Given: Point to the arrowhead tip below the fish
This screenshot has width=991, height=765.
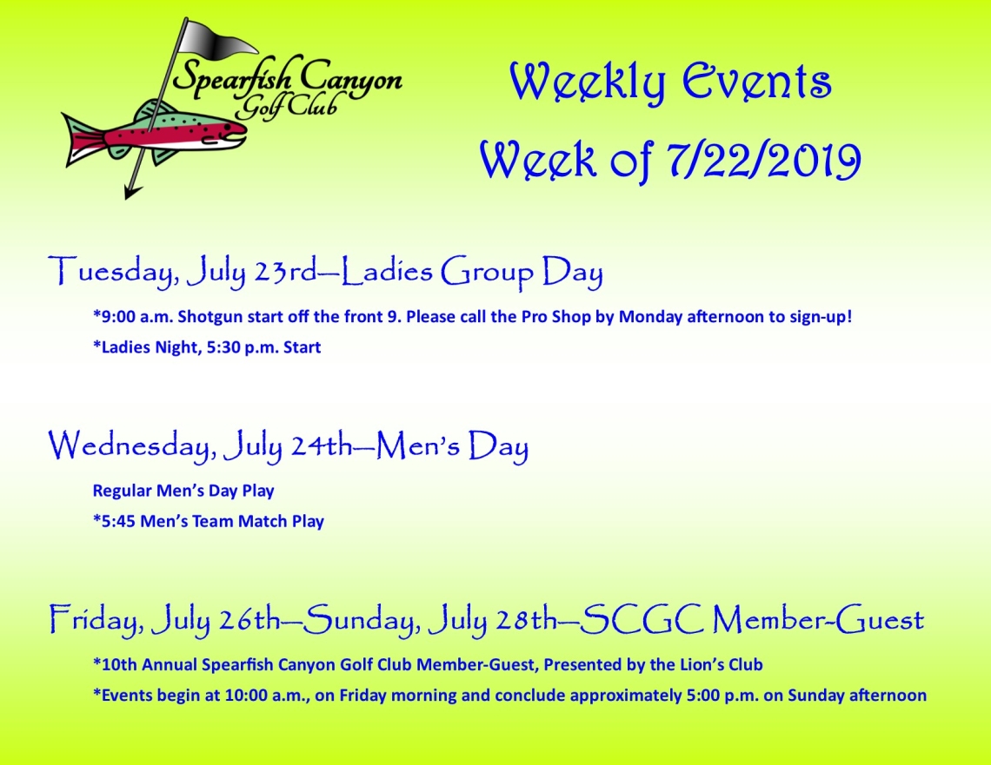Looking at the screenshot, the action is pyautogui.click(x=126, y=198).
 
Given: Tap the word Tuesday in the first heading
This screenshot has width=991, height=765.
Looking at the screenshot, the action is pyautogui.click(x=110, y=272).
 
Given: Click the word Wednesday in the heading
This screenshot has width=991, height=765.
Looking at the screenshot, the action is pyautogui.click(x=129, y=445).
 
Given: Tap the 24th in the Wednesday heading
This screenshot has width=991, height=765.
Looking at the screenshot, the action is pyautogui.click(x=321, y=445).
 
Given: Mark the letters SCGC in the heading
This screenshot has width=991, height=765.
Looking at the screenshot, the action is pyautogui.click(x=641, y=619).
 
